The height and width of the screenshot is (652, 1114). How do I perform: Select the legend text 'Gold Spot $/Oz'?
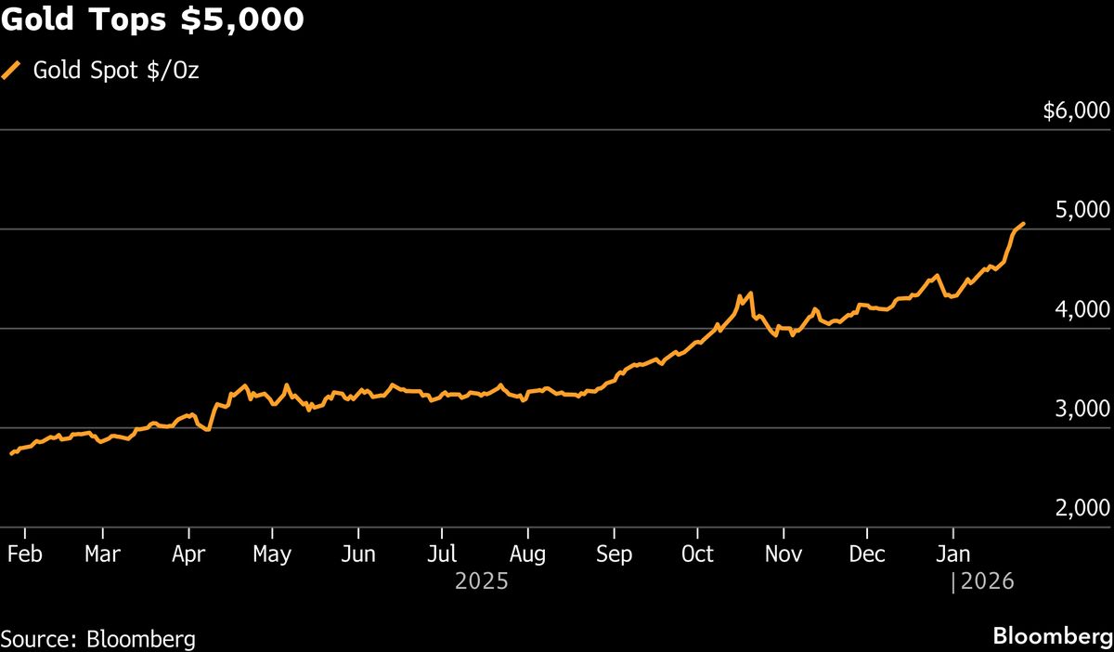(116, 71)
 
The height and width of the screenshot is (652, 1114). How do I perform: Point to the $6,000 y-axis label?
(1076, 111)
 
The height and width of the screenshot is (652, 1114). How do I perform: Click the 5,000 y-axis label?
(1083, 211)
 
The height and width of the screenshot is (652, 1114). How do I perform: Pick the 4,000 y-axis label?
(1083, 310)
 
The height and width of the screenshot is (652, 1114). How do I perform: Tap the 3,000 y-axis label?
(1083, 410)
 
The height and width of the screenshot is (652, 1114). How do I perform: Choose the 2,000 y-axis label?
(1083, 509)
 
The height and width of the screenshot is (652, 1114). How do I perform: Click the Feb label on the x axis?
(25, 554)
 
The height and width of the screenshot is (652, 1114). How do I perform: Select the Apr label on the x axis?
(188, 554)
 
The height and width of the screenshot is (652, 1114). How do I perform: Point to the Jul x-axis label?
(442, 554)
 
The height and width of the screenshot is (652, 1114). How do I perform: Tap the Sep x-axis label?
(613, 554)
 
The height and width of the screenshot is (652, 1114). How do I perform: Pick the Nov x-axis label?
(784, 554)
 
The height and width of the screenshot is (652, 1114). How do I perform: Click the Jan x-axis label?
(952, 554)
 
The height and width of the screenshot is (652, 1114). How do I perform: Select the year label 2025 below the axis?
(481, 582)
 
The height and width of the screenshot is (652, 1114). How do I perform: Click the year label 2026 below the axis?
(988, 582)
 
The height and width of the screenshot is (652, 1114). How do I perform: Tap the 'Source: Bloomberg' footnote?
(98, 639)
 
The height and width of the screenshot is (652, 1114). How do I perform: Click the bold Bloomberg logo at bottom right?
(1052, 638)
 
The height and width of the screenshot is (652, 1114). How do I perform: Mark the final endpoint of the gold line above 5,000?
(1023, 223)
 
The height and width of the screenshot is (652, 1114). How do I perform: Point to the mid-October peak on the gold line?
(750, 293)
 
